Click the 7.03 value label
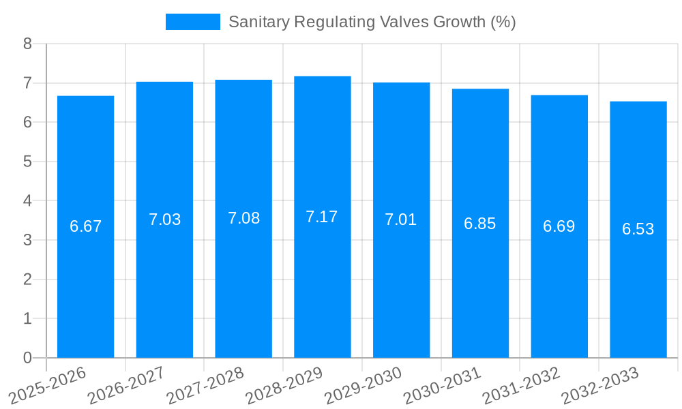pos(164,219)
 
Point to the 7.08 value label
pos(243,218)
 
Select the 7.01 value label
pos(401,219)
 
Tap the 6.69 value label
pos(559,226)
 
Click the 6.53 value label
pos(638,229)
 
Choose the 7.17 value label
pos(322,217)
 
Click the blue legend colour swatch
pos(192,22)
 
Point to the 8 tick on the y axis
pos(27,44)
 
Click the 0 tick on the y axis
pos(27,358)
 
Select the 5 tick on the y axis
pos(27,162)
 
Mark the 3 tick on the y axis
pos(27,240)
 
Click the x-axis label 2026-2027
pos(127,385)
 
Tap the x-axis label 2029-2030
pos(363,385)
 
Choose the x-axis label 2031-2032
pos(521,385)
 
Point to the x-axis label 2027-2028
pos(205,385)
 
